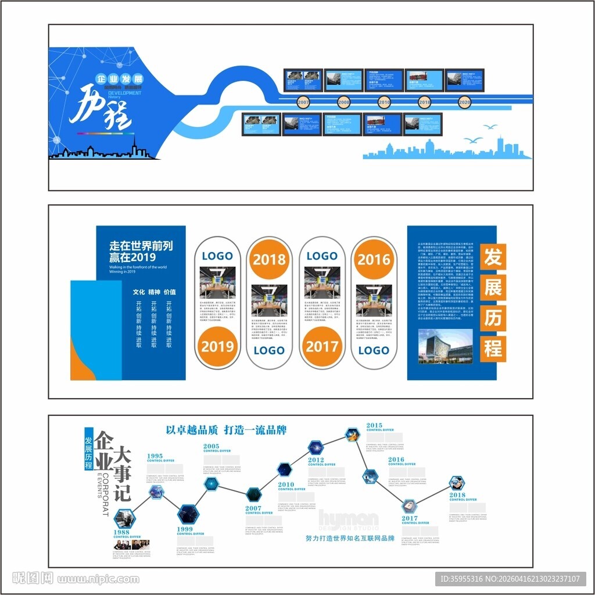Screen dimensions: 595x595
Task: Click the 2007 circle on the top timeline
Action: [303, 102]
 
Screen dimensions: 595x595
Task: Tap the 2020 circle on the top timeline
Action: [464, 102]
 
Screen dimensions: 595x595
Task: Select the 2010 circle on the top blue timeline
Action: [384, 102]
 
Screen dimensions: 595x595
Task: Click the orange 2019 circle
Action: [217, 347]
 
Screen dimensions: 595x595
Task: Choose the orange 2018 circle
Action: [269, 259]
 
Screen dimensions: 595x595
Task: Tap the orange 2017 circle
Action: [322, 347]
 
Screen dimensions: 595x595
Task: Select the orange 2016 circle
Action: [374, 259]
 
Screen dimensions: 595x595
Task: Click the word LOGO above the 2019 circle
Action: [217, 256]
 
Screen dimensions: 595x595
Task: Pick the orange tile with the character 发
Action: [493, 257]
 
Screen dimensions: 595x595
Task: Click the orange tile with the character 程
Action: [493, 348]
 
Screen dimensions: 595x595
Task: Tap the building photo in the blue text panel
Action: [446, 346]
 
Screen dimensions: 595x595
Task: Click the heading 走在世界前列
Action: [141, 246]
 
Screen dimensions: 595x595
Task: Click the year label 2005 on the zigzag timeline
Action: [211, 446]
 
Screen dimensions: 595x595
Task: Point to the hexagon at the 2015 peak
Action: [352, 433]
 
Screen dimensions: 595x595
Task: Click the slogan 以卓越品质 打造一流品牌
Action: [226, 431]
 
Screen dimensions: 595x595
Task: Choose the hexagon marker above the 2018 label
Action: [457, 483]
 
